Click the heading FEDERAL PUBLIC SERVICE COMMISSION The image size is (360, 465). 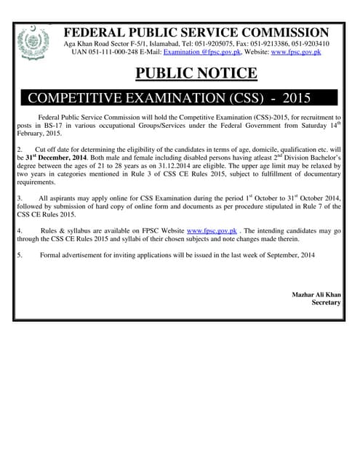click(196, 32)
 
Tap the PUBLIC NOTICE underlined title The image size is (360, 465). click(196, 73)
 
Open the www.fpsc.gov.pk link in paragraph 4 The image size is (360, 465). click(212, 230)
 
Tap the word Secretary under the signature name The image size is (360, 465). click(326, 302)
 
